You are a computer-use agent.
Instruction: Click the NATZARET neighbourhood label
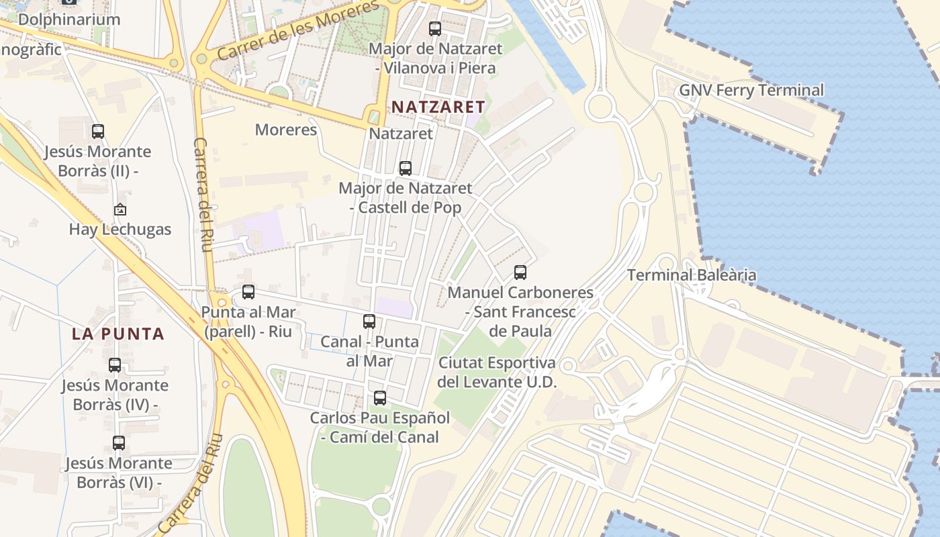pyautogui.click(x=438, y=107)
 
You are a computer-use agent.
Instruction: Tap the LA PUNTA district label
pyautogui.click(x=118, y=334)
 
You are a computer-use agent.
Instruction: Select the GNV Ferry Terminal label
pyautogui.click(x=751, y=90)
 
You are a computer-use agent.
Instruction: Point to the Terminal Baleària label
pyautogui.click(x=692, y=275)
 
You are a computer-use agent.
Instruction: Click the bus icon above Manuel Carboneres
pyautogui.click(x=520, y=273)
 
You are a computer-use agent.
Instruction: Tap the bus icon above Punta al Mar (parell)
pyautogui.click(x=248, y=292)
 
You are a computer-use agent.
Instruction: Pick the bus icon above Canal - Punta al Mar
pyautogui.click(x=369, y=322)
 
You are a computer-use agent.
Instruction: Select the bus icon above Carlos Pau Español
pyautogui.click(x=380, y=398)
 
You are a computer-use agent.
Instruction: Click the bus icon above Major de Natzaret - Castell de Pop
pyautogui.click(x=406, y=168)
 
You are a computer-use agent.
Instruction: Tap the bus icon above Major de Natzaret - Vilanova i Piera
pyautogui.click(x=435, y=29)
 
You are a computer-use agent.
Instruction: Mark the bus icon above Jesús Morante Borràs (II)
pyautogui.click(x=98, y=132)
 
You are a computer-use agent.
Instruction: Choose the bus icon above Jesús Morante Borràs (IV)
pyautogui.click(x=115, y=365)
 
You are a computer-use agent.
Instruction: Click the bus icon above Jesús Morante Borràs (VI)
pyautogui.click(x=119, y=443)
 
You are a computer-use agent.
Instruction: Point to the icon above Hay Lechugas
pyautogui.click(x=120, y=209)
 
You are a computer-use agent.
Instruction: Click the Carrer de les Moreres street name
pyautogui.click(x=298, y=32)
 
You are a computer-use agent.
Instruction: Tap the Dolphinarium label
pyautogui.click(x=69, y=19)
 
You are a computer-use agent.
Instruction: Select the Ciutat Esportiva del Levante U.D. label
pyautogui.click(x=497, y=373)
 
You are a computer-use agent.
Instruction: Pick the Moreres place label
pyautogui.click(x=286, y=130)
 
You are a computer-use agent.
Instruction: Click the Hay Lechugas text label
pyautogui.click(x=120, y=229)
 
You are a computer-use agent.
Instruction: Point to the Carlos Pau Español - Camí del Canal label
pyautogui.click(x=380, y=427)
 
